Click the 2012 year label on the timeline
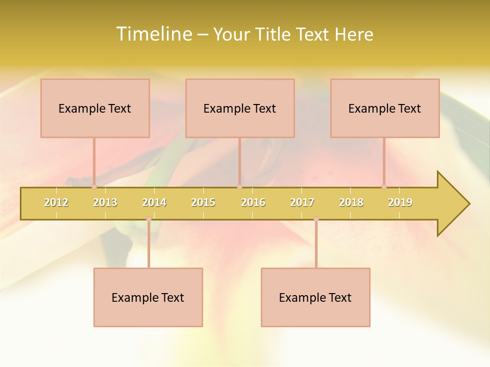coord(56,202)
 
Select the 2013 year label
coord(105,202)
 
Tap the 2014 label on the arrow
coord(154,202)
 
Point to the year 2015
coord(203,202)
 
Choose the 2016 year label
coord(253,202)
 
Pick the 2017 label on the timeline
coord(302,202)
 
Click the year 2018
coord(351,202)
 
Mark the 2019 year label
coord(400,202)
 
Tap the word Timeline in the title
coord(153,34)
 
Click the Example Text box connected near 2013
coord(95,108)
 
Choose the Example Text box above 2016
coord(240,108)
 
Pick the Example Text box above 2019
coord(385,108)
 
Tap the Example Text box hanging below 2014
coord(148,297)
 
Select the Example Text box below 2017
coord(315,297)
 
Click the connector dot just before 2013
coord(94,187)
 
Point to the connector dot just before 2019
coord(384,187)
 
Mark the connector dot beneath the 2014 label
coord(149,219)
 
